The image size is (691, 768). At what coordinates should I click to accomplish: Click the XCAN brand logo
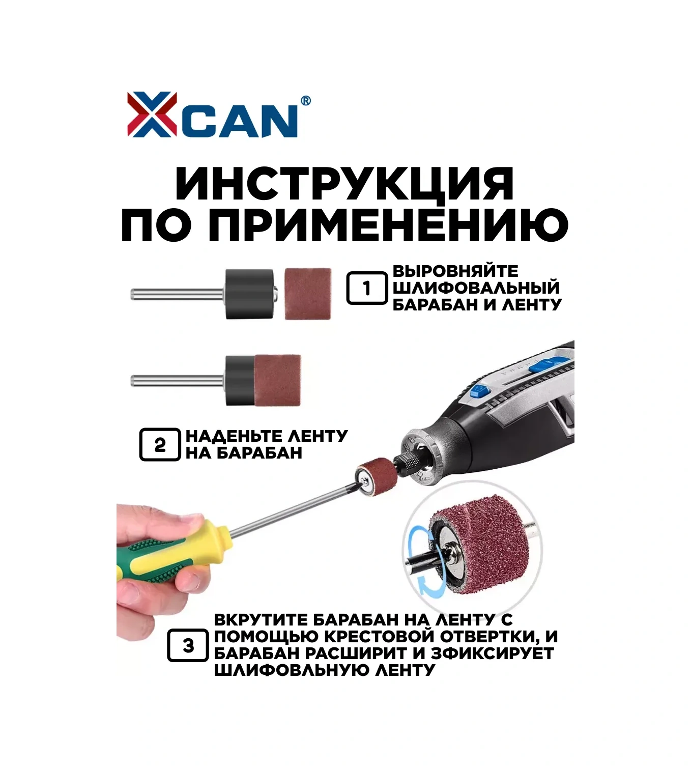219,115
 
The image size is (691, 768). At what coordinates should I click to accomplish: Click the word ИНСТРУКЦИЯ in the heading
344,184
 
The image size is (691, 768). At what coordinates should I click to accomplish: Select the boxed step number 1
367,288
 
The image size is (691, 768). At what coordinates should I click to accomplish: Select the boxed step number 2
160,444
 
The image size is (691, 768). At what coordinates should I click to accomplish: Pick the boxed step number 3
188,645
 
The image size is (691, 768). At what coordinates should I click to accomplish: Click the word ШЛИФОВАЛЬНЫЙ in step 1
476,288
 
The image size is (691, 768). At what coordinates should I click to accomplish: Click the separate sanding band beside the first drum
308,294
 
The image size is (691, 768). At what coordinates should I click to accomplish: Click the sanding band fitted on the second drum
277,380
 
